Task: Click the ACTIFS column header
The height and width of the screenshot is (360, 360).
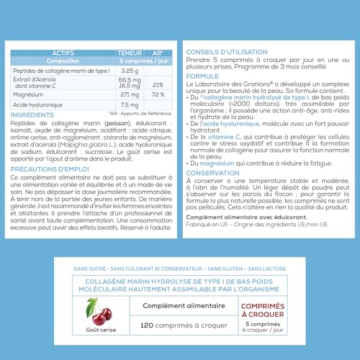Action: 63,53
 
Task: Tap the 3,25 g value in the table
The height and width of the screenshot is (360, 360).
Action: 130,70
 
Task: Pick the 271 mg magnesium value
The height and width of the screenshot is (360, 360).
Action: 130,94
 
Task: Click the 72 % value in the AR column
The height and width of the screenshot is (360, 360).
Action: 159,94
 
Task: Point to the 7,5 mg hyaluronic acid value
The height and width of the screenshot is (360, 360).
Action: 130,105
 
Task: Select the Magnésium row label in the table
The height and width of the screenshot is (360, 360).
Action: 31,94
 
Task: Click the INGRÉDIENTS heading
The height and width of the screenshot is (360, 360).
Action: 33,114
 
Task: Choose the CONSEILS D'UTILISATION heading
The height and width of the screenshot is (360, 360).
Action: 228,53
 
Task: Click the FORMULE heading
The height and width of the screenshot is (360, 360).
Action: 203,75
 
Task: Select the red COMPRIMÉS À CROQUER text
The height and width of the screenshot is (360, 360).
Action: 261,309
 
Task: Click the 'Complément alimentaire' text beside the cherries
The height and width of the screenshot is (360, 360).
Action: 178,305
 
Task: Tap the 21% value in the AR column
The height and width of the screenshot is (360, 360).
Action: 159,84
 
